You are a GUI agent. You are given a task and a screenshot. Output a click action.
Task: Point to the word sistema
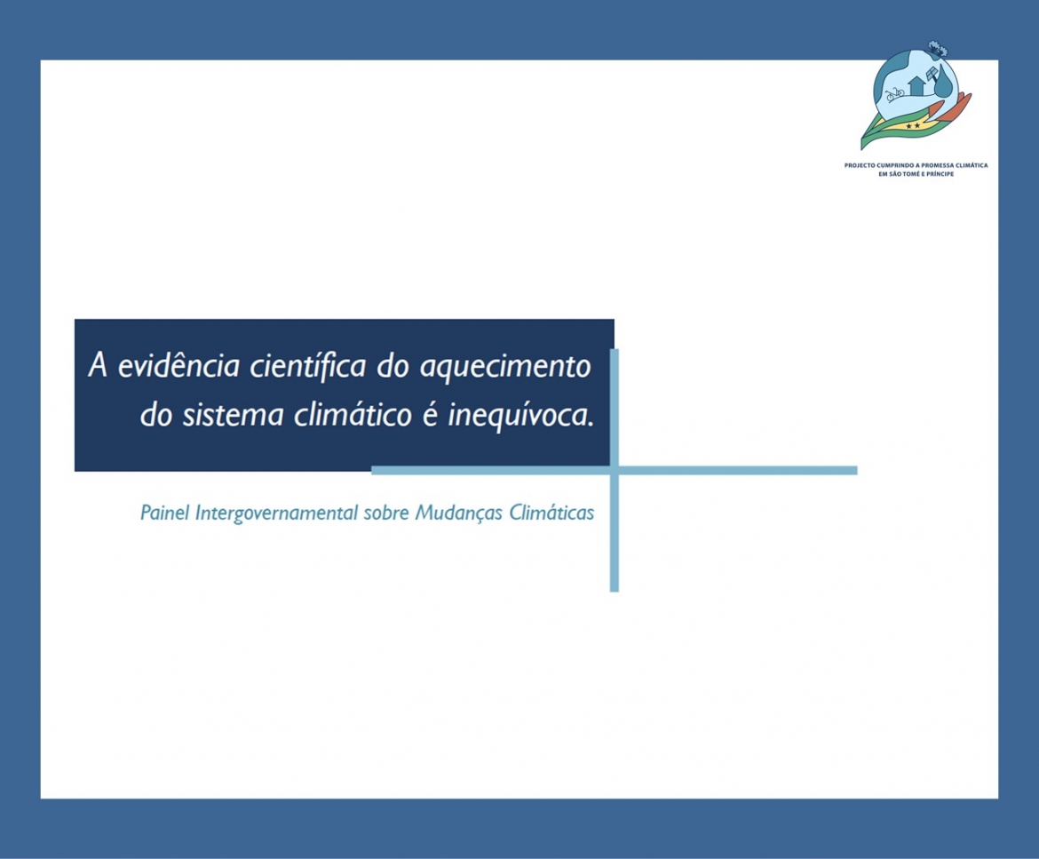[233, 416]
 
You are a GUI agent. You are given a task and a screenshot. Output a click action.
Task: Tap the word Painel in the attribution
[164, 513]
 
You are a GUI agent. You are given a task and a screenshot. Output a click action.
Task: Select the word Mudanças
[458, 513]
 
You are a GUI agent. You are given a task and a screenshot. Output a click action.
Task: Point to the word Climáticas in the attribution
[551, 513]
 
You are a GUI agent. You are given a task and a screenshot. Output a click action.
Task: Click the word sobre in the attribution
[386, 513]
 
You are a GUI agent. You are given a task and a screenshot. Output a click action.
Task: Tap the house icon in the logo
[917, 85]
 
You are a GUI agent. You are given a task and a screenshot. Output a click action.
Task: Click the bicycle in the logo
[894, 94]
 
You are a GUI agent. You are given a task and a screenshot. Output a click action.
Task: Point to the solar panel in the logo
[932, 72]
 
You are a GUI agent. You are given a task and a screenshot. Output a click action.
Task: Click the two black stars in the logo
[912, 125]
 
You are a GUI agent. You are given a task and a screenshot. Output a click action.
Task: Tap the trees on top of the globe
[937, 48]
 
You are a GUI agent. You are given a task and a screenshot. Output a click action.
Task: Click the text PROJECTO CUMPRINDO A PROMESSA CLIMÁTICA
[916, 165]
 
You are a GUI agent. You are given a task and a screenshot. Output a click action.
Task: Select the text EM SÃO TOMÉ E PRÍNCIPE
[916, 173]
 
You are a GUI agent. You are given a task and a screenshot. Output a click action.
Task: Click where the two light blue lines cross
[615, 471]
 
